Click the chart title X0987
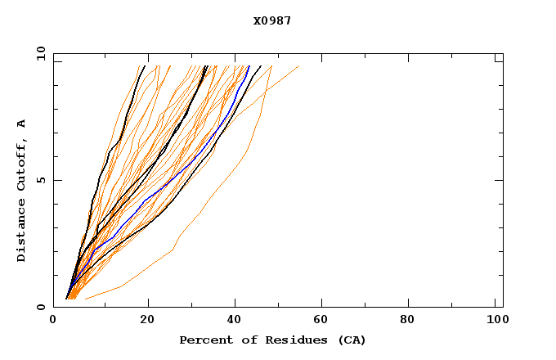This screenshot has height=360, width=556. (x=272, y=20)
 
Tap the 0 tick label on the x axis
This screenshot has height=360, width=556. (x=53, y=321)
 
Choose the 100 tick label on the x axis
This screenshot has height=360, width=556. (x=495, y=321)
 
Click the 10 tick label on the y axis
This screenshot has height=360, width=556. (x=40, y=54)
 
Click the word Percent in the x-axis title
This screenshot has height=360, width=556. (x=204, y=340)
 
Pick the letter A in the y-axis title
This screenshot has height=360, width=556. (x=22, y=123)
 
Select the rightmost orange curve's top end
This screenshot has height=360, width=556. (x=298, y=65)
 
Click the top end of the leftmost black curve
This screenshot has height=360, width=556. (x=146, y=65)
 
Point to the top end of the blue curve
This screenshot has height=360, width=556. (x=249, y=65)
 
